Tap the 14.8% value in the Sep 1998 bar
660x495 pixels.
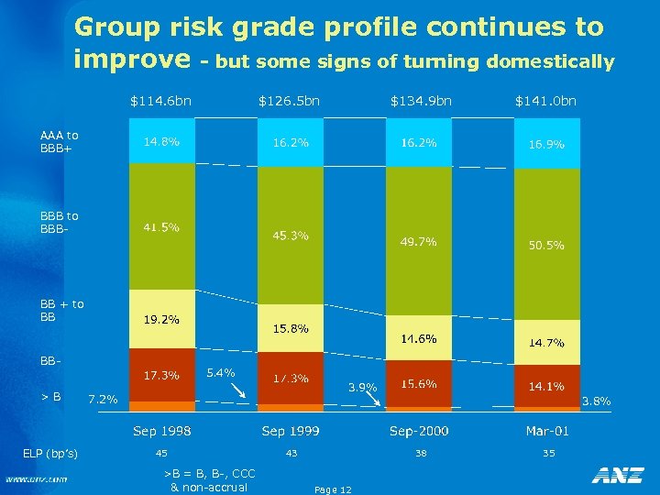click(x=160, y=142)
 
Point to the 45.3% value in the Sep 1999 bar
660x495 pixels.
click(x=291, y=236)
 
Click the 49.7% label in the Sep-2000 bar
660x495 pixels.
click(x=418, y=242)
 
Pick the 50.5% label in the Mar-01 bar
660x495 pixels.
click(x=545, y=246)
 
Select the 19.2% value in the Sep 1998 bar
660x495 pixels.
click(x=160, y=320)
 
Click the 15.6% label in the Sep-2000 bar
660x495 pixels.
click(x=418, y=383)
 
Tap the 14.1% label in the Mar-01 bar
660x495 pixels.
click(x=545, y=387)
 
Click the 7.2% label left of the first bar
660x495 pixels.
click(x=102, y=399)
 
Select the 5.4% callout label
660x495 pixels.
click(x=221, y=372)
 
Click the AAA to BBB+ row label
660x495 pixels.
click(x=60, y=142)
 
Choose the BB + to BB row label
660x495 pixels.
click(x=61, y=310)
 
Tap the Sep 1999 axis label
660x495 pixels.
click(x=291, y=430)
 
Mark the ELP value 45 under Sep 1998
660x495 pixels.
click(x=161, y=453)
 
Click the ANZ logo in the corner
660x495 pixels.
click(x=617, y=475)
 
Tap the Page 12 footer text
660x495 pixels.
click(x=332, y=489)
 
